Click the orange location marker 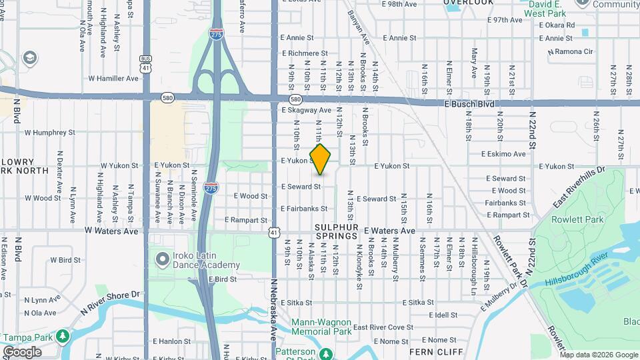point(320,159)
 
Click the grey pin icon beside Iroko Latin point(162,258)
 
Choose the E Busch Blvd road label point(469,104)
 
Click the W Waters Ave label point(111,231)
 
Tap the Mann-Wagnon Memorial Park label point(321,326)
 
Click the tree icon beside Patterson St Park point(325,353)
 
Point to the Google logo point(22,352)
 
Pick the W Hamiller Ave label point(109,79)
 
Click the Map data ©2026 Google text point(599,355)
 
